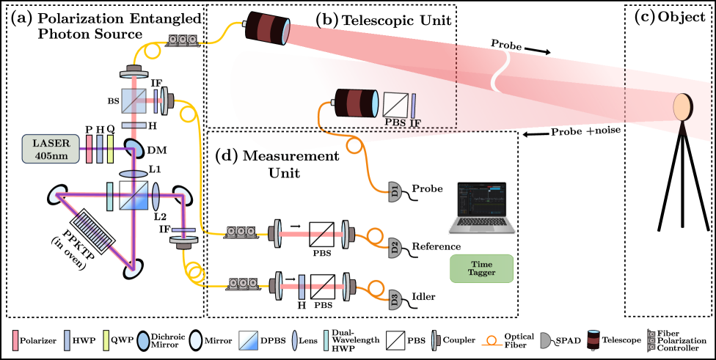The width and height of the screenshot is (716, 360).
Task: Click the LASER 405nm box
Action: tap(51, 149)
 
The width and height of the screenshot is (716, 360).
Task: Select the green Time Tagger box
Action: tap(481, 268)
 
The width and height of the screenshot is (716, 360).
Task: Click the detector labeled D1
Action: tap(395, 193)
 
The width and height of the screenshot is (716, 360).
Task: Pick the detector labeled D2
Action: tap(395, 248)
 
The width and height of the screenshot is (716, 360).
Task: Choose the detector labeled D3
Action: tap(395, 299)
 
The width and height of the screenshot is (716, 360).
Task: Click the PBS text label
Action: tap(395, 122)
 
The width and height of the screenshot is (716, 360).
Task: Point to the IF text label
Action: tap(415, 122)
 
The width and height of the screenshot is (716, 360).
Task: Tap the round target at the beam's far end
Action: tap(683, 107)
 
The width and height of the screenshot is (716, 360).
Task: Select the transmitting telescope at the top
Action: tap(268, 29)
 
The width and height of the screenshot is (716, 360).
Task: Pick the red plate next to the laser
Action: tap(89, 148)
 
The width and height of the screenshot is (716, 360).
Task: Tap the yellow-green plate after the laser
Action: tap(110, 148)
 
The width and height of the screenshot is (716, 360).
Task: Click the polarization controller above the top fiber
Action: tap(182, 40)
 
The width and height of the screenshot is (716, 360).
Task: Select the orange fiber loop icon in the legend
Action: tap(492, 340)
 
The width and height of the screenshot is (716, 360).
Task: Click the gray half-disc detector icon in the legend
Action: tap(544, 340)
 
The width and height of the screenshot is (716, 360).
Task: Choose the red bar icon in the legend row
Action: tap(15, 340)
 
